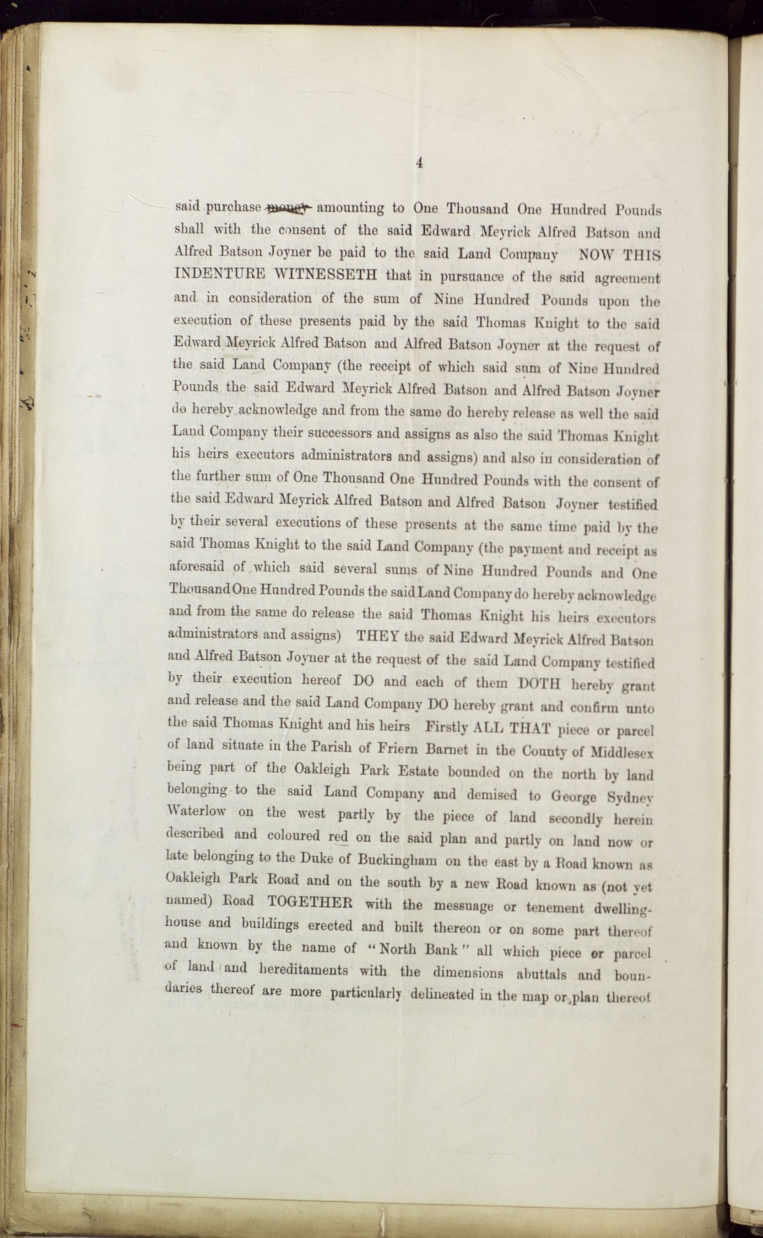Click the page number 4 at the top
(418, 163)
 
